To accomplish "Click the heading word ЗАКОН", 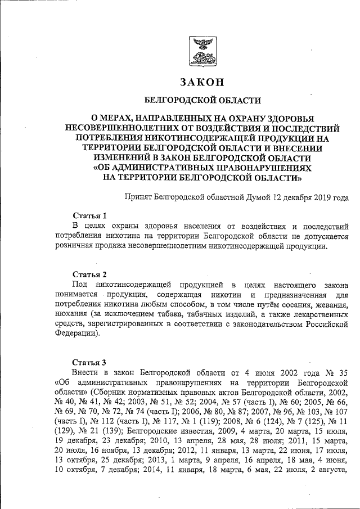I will coord(202,82).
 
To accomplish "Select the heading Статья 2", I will coord(89,274).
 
